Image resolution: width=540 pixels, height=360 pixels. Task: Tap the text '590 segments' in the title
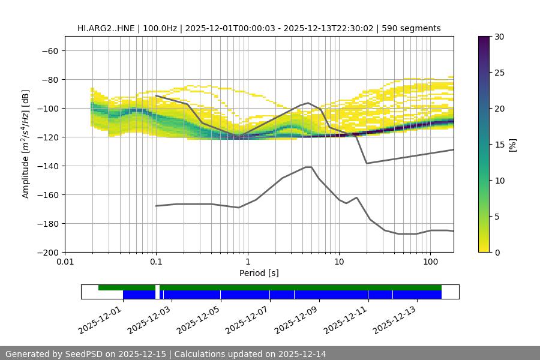[415, 28]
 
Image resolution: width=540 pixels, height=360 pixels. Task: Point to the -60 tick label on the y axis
[50, 50]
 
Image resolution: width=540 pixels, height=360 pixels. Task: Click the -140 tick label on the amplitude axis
[47, 166]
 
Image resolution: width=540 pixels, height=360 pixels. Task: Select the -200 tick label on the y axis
[47, 252]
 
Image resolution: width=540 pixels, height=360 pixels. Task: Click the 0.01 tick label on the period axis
[65, 262]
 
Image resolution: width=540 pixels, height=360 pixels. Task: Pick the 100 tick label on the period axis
[430, 262]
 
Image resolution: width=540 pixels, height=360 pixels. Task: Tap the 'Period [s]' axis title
[259, 274]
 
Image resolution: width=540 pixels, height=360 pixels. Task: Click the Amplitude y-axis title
[26, 145]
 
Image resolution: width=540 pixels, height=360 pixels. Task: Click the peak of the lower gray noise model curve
[308, 167]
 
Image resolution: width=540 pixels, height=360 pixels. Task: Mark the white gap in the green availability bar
[157, 288]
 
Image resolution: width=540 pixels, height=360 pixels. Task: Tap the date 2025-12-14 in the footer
[301, 354]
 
